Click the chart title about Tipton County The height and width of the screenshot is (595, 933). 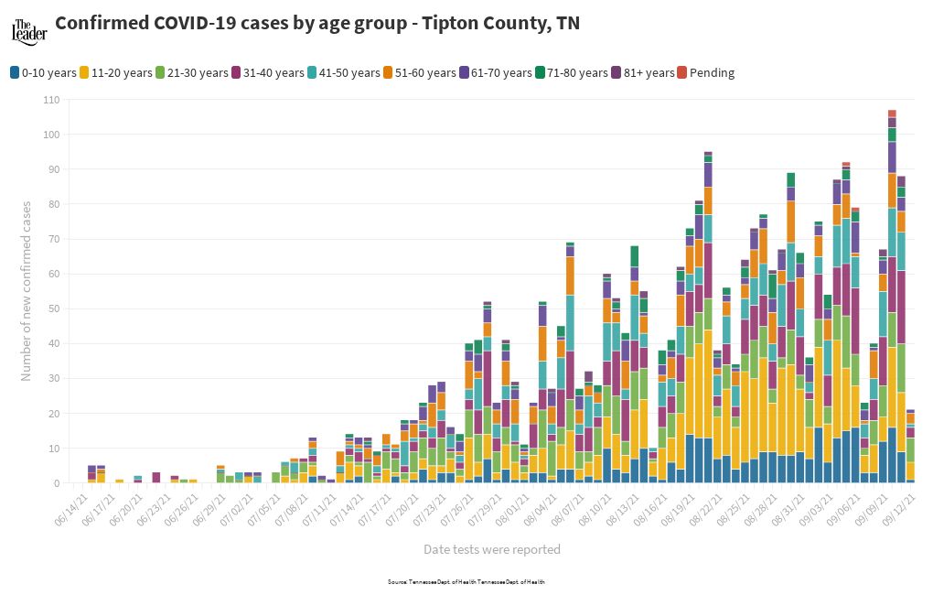[316, 24]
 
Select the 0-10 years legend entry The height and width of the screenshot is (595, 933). [42, 72]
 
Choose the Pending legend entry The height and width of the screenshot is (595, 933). [705, 72]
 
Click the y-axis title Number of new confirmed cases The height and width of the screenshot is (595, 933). [27, 291]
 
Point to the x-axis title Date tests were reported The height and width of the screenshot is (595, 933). [491, 549]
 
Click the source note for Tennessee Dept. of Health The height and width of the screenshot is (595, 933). [466, 581]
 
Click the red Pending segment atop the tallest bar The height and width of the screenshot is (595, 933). [892, 114]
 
